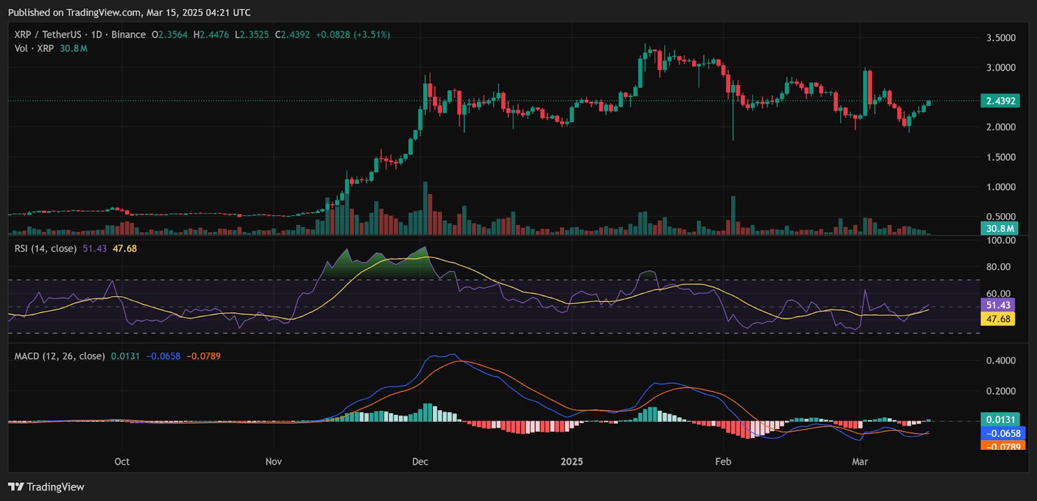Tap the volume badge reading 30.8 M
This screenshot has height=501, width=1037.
(x=1000, y=228)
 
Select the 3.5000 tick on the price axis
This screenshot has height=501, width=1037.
(x=1001, y=38)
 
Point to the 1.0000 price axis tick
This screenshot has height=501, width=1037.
(x=1001, y=187)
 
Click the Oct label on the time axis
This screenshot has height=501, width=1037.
(x=122, y=461)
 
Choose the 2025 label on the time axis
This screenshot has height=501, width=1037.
(x=572, y=461)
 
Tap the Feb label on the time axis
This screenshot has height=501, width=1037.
(x=723, y=461)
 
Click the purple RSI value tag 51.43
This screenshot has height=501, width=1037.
(x=998, y=305)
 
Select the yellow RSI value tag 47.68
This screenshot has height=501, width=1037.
(x=998, y=319)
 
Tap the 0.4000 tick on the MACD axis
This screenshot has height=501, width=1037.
(x=1001, y=361)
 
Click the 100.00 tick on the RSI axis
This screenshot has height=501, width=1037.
(x=1000, y=240)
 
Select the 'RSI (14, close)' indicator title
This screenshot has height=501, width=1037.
(x=45, y=248)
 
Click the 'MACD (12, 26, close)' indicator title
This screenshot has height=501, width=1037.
(x=60, y=356)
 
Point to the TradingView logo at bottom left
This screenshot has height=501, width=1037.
(x=47, y=487)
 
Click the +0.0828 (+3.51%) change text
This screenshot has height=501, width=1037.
(x=353, y=34)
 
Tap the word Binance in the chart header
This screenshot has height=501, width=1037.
(x=128, y=34)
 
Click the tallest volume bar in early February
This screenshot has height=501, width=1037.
(x=733, y=215)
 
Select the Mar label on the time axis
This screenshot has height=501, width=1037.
(x=859, y=461)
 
